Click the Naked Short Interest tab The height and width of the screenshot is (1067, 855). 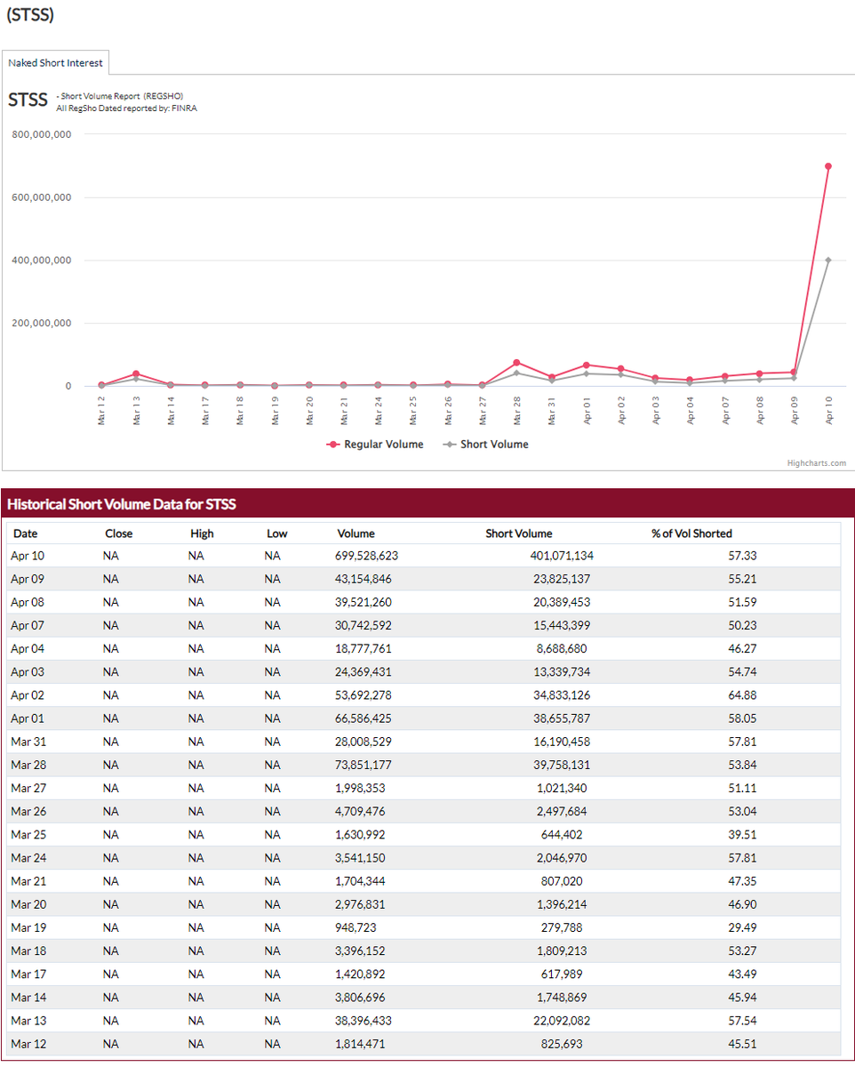tap(55, 63)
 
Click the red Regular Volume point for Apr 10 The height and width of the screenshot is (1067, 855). tap(827, 166)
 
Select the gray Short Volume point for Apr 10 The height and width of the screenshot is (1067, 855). tap(827, 260)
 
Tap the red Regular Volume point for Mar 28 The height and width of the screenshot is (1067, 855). tap(516, 363)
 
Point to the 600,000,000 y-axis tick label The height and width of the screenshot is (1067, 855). tap(42, 197)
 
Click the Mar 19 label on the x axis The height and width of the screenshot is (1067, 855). tap(276, 411)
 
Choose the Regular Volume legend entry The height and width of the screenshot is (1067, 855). tap(375, 445)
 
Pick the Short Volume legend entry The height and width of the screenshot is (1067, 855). tap(486, 445)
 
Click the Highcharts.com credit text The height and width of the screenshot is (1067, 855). tap(817, 462)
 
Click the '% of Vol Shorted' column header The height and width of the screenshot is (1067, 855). tap(691, 533)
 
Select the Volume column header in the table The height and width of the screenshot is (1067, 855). tap(356, 533)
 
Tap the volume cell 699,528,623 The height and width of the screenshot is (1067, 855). tap(366, 556)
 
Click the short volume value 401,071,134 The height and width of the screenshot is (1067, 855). tap(562, 556)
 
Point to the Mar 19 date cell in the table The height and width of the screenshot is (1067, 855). tap(28, 927)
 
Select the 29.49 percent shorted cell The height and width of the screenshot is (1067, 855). tap(742, 927)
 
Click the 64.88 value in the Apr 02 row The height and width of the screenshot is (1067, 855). tap(742, 695)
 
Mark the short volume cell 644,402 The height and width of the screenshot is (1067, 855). tap(562, 834)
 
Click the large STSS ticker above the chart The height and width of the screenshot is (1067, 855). tap(28, 100)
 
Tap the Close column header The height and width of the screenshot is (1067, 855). tap(118, 533)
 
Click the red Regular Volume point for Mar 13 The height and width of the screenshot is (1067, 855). tap(136, 373)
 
